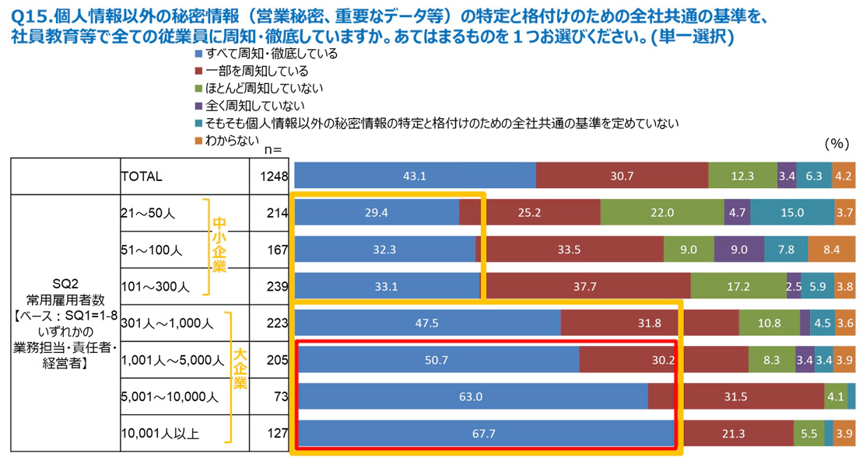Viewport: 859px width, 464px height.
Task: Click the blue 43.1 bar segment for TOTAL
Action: point(415,176)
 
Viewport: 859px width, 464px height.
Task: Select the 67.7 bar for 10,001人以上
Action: point(483,434)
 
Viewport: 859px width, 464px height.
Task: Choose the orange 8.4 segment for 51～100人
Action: point(831,249)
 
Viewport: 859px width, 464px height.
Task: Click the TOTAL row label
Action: point(142,176)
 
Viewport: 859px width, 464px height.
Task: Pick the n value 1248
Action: point(276,176)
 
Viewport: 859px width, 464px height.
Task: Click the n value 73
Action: point(282,396)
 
